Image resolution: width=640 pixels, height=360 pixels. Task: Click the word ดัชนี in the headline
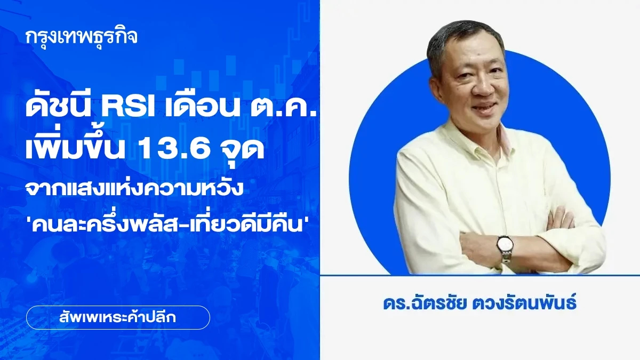click(58, 107)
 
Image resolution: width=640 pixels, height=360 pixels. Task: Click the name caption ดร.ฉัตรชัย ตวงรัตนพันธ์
click(480, 306)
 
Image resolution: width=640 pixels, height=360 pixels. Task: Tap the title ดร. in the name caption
click(394, 306)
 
